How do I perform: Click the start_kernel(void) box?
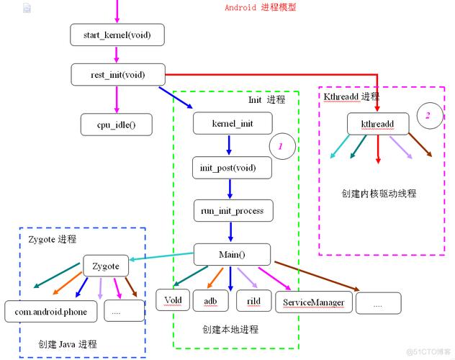click(118, 34)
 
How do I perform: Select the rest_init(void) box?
click(118, 73)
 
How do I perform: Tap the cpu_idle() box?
click(116, 125)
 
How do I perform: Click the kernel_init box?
click(232, 123)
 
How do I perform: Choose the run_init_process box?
click(232, 211)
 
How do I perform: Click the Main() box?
click(232, 254)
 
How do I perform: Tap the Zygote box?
click(106, 266)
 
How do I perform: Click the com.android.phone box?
click(50, 311)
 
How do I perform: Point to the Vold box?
click(171, 299)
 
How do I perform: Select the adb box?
click(210, 299)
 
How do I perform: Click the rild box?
click(253, 299)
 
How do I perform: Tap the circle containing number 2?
click(428, 115)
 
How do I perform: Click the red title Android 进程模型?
click(260, 8)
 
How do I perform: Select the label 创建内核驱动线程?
click(379, 194)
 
